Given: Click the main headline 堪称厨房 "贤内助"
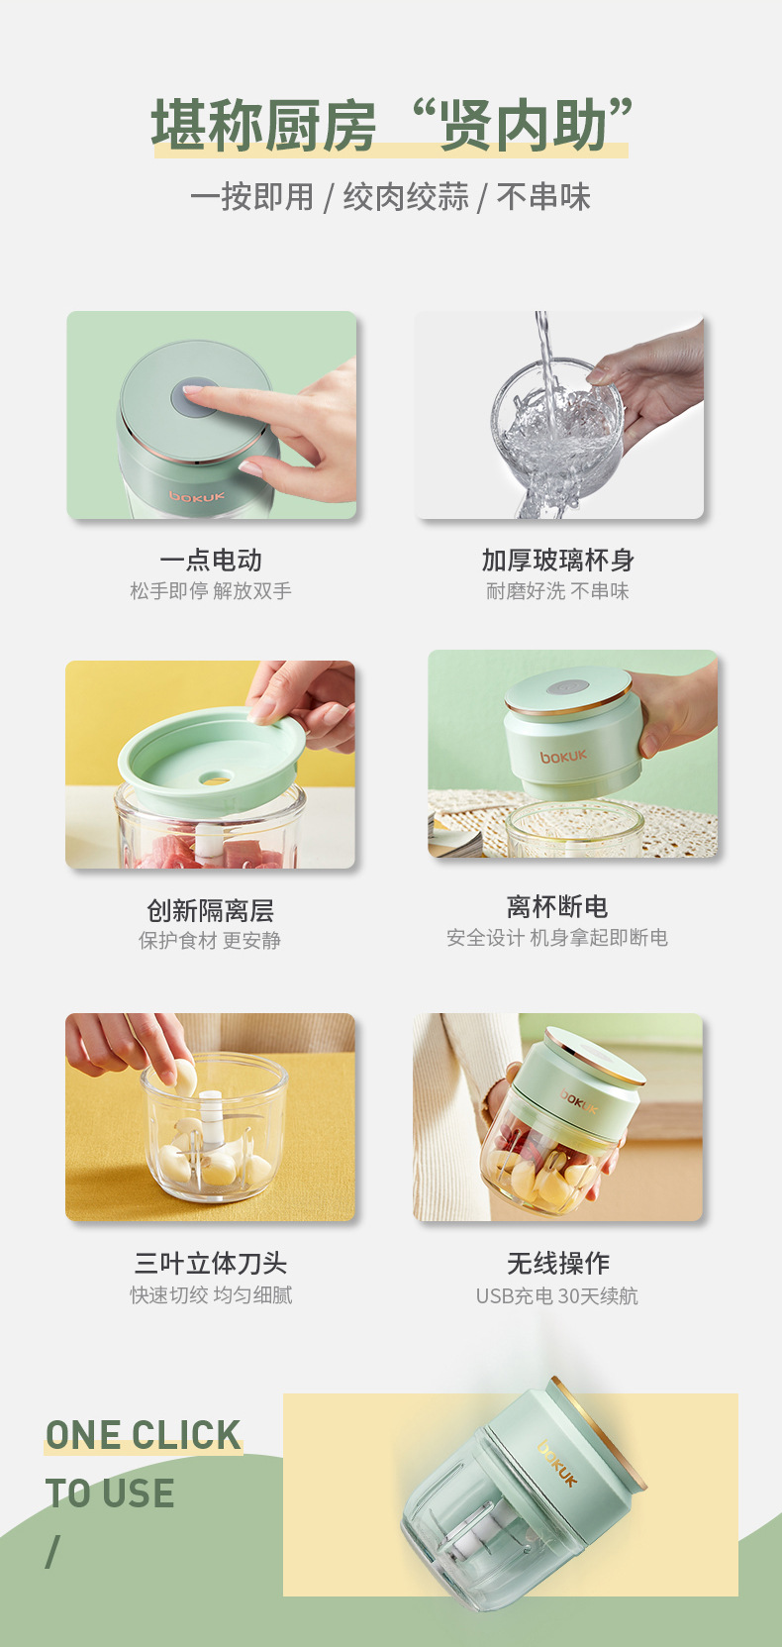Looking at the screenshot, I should pyautogui.click(x=391, y=126).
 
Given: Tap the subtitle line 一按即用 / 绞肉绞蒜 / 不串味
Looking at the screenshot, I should pyautogui.click(x=390, y=197).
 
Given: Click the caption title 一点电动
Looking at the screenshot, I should pyautogui.click(x=211, y=561).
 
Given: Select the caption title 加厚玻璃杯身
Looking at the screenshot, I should pyautogui.click(x=557, y=561).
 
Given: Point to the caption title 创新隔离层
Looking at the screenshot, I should pyautogui.click(x=210, y=910).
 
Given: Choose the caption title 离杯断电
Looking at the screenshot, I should pyautogui.click(x=557, y=906).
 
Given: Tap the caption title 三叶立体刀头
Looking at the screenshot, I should pyautogui.click(x=211, y=1263).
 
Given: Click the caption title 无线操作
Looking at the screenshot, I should pyautogui.click(x=557, y=1263).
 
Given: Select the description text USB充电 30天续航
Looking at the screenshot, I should pyautogui.click(x=557, y=1295).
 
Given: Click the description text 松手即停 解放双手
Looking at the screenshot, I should pyautogui.click(x=211, y=591).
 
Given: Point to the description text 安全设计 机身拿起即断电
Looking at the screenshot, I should pyautogui.click(x=557, y=938).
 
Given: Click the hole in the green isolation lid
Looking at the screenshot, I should pyautogui.click(x=215, y=778).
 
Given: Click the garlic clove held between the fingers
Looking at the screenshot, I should pyautogui.click(x=184, y=1078).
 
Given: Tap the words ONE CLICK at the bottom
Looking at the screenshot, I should pyautogui.click(x=144, y=1435).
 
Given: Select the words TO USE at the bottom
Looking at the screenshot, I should pyautogui.click(x=110, y=1493).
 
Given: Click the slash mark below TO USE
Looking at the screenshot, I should pyautogui.click(x=52, y=1551).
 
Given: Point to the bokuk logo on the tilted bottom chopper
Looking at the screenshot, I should pyautogui.click(x=557, y=1463).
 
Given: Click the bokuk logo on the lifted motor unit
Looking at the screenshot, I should pyautogui.click(x=563, y=757).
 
